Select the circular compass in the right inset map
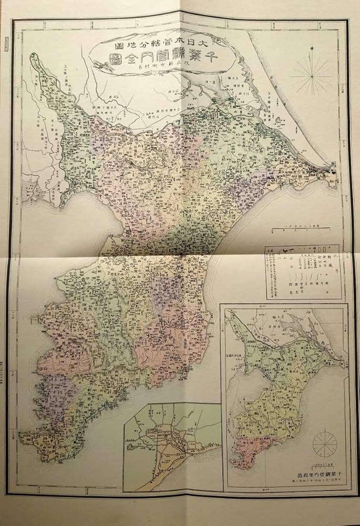325,443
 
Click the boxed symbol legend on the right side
304,271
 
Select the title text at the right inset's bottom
308,474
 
